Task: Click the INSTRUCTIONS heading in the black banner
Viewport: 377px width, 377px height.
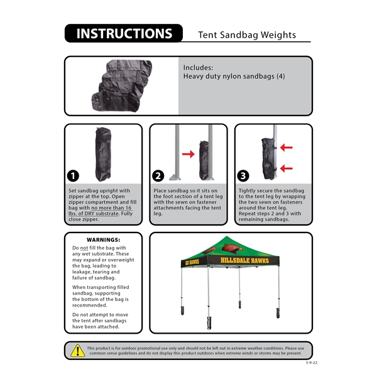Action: click(x=124, y=34)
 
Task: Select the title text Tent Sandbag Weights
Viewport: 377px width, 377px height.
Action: click(x=246, y=35)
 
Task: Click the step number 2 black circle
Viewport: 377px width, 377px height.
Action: click(x=159, y=176)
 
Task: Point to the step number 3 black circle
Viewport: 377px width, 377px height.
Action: click(x=244, y=176)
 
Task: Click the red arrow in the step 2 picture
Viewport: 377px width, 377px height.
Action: click(x=188, y=153)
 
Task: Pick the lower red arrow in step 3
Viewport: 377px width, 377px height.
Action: click(x=286, y=168)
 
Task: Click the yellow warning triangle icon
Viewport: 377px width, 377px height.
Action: click(x=77, y=351)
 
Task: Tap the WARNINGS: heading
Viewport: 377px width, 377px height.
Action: click(x=103, y=240)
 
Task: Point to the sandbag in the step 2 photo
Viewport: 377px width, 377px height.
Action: click(x=204, y=160)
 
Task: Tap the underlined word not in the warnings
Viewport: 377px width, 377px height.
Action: click(x=85, y=248)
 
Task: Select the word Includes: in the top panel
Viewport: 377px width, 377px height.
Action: click(x=198, y=67)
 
